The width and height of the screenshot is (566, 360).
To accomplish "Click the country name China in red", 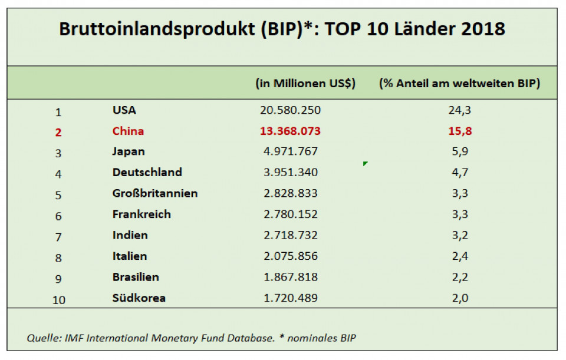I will point(128,131).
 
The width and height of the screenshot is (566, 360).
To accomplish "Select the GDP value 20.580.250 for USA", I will point(290,110).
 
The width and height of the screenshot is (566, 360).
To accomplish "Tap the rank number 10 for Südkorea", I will point(58,299).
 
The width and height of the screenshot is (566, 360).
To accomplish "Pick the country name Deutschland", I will point(147,173).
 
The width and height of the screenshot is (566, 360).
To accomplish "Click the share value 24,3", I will point(460,110).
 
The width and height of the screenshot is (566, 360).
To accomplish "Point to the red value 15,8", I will point(460,131).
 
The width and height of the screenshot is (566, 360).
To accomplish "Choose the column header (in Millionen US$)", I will point(305,83).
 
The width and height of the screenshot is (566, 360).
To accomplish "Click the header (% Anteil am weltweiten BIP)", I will point(459,83).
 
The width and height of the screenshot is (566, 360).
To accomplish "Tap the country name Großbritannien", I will point(155,193).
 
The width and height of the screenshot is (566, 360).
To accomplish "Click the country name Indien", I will point(130,235).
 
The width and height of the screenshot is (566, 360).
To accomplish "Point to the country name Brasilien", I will point(136,277).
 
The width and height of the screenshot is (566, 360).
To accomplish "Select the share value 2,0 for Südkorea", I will point(460,298).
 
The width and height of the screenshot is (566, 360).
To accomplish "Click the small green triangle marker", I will point(366,164).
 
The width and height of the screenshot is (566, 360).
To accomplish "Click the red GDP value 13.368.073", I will point(290,131).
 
